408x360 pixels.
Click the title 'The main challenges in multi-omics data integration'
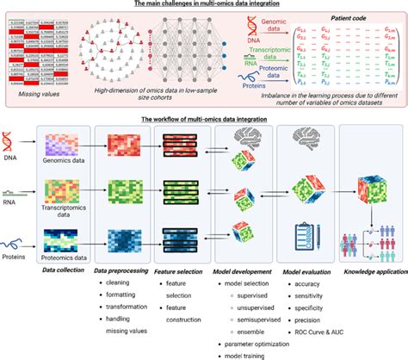click(x=203, y=4)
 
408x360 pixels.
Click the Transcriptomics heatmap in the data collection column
click(x=65, y=183)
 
